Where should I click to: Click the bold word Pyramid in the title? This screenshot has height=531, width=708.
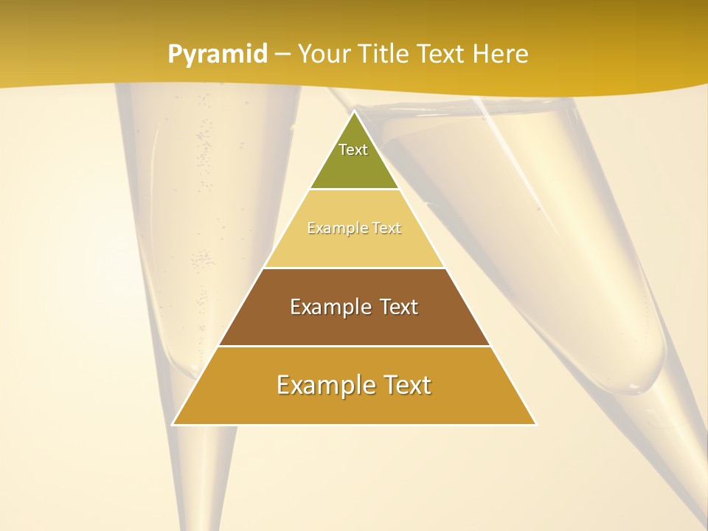218,54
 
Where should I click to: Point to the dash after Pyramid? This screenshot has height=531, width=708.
282,55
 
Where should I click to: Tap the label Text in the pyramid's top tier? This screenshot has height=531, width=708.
353,150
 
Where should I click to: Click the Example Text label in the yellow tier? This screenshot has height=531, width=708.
354,228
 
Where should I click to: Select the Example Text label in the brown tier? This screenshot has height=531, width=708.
354,307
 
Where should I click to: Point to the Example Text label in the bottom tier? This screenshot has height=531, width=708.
354,385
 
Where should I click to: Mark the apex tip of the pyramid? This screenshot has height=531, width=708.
354,112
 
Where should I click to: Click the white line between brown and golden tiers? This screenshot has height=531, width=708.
354,346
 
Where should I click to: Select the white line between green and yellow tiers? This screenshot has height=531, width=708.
354,189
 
